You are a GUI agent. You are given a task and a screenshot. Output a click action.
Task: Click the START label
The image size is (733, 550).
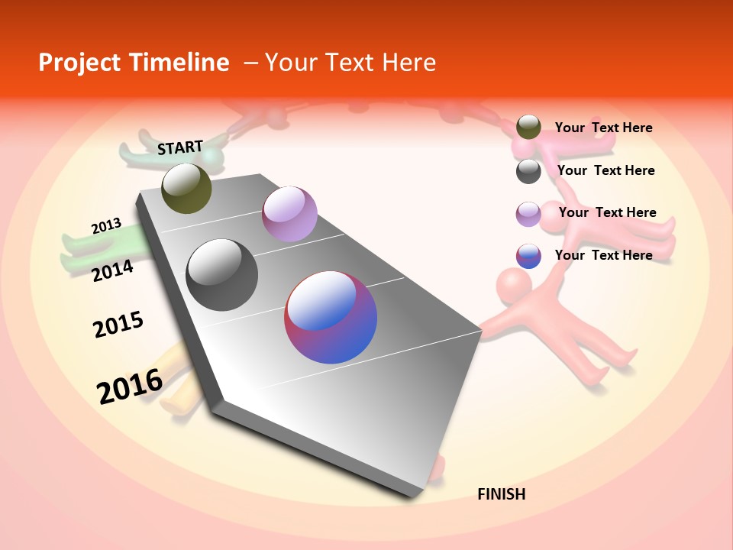[180, 147]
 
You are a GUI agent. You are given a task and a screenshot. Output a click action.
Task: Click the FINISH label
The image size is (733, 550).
[501, 494]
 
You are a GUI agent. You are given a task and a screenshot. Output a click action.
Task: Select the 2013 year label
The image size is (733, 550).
[106, 226]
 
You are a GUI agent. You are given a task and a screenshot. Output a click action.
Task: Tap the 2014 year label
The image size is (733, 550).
[112, 270]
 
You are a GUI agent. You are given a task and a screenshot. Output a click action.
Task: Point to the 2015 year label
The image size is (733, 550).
[118, 324]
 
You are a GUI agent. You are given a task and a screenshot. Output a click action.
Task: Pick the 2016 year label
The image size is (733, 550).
[130, 386]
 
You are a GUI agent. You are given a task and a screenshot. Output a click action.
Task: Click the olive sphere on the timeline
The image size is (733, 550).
[186, 188]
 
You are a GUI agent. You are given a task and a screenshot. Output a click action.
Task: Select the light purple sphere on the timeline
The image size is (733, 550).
[289, 214]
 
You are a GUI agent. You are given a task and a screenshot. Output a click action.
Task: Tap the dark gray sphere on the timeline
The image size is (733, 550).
[221, 275]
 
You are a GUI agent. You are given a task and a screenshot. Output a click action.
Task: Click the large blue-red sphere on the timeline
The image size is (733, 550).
[331, 317]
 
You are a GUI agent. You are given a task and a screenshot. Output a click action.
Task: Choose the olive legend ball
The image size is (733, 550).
[528, 127]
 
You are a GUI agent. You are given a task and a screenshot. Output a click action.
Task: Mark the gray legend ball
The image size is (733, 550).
[528, 171]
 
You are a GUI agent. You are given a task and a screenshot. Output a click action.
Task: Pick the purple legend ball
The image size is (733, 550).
[528, 214]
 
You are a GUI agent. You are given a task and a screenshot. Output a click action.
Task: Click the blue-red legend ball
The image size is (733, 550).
[528, 256]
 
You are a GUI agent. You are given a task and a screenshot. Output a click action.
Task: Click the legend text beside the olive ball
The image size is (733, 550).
[603, 128]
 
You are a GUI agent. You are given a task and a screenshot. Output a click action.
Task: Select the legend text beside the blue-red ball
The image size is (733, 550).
[603, 255]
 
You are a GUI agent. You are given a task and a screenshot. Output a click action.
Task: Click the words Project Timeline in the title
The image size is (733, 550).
[134, 63]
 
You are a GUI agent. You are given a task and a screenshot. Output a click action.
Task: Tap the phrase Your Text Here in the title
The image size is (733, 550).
[350, 63]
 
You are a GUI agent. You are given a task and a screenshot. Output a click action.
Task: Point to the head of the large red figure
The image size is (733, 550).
[514, 285]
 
